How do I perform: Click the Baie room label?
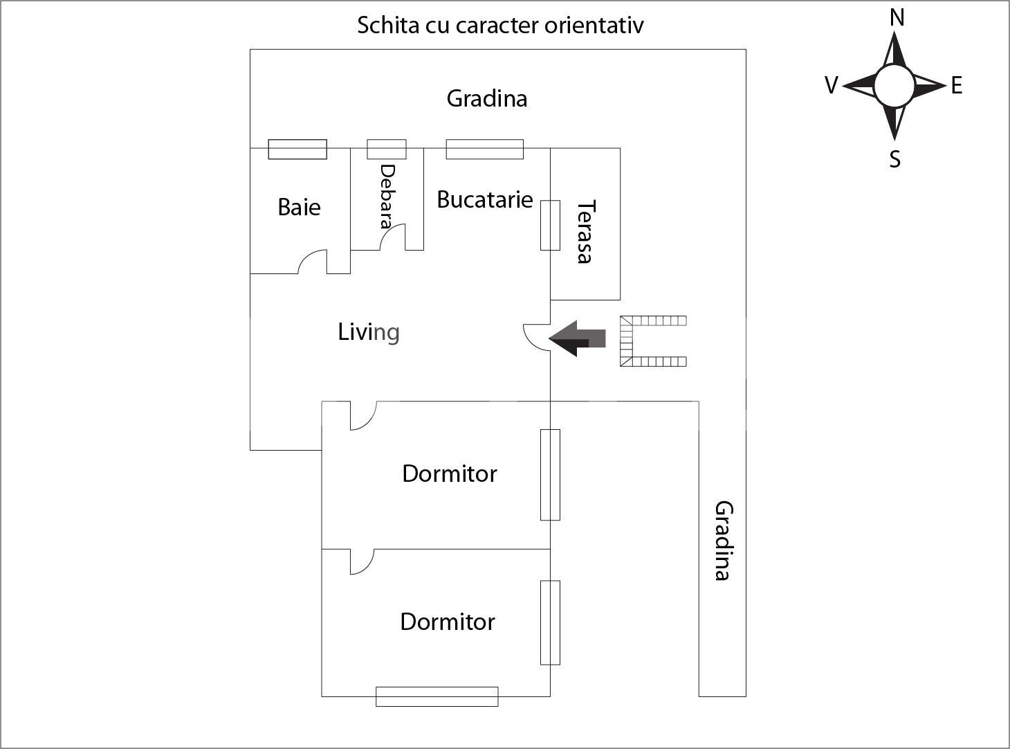tap(299, 207)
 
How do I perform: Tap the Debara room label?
tap(387, 196)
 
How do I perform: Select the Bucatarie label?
tap(484, 200)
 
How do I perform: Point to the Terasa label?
tap(585, 231)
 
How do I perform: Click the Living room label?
tap(369, 332)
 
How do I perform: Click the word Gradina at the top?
tap(486, 98)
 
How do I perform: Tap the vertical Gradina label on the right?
tap(723, 541)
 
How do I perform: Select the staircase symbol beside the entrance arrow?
tap(652, 341)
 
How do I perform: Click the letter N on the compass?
tap(897, 18)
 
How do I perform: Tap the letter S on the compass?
tap(894, 159)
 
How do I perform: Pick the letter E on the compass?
tap(957, 86)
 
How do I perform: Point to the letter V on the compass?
tap(832, 86)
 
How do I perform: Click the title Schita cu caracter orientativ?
tap(500, 26)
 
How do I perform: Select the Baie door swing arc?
tap(311, 261)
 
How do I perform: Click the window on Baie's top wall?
tap(297, 149)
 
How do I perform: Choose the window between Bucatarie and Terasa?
tap(550, 225)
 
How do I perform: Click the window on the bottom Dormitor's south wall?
tap(437, 696)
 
